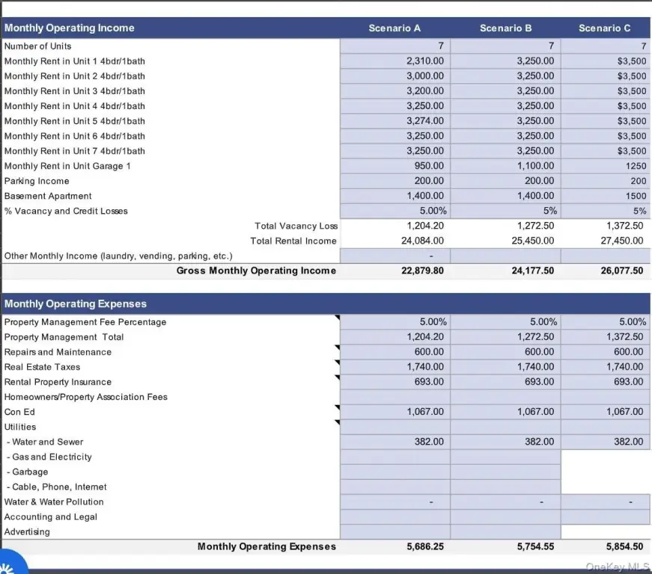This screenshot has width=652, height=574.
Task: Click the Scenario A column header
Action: (394, 28)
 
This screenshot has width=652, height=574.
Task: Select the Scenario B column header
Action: (505, 28)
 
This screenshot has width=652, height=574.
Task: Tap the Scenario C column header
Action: (604, 28)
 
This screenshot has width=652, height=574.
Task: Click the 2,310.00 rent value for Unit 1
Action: (425, 61)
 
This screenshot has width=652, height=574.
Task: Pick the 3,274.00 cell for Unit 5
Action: (425, 121)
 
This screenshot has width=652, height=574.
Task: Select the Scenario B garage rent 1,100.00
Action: (535, 166)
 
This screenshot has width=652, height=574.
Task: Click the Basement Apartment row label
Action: (48, 196)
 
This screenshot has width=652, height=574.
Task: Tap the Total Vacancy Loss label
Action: (296, 226)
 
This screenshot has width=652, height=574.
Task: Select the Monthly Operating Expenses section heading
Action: (76, 304)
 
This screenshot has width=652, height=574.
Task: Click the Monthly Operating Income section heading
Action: (70, 28)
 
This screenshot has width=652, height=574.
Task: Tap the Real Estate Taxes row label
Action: (42, 367)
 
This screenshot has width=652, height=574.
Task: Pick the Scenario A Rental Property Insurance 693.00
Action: (429, 382)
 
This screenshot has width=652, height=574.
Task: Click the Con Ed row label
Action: (19, 412)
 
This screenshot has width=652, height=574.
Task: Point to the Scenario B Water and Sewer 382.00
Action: (539, 442)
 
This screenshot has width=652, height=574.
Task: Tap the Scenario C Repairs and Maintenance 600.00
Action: (628, 352)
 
